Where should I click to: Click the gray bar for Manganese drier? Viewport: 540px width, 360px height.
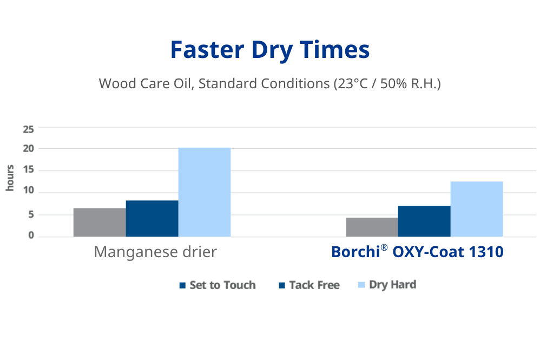[x=100, y=222]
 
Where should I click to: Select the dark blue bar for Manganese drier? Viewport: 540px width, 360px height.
[x=152, y=219]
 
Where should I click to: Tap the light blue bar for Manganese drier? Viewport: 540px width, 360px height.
[x=205, y=192]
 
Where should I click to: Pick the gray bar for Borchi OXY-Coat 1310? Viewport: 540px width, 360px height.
[x=372, y=227]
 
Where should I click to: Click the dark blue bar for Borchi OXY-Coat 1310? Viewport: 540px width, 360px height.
[x=424, y=221]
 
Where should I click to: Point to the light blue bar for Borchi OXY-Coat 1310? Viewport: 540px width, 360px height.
[x=477, y=209]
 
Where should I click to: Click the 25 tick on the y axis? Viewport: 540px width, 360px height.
[x=28, y=129]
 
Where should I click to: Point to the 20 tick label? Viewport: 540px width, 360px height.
[x=28, y=149]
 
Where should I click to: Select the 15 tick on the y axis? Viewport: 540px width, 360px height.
[x=28, y=171]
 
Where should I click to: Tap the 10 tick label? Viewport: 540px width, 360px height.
[x=28, y=192]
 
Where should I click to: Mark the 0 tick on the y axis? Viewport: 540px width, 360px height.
[x=31, y=236]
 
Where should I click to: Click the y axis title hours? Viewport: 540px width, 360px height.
[x=10, y=178]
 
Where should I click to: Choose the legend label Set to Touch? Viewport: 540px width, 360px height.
[x=222, y=285]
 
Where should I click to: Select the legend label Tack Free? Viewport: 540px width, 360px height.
[x=314, y=285]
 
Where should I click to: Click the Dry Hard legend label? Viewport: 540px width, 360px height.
[x=393, y=285]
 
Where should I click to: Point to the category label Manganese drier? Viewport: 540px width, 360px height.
[x=155, y=252]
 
